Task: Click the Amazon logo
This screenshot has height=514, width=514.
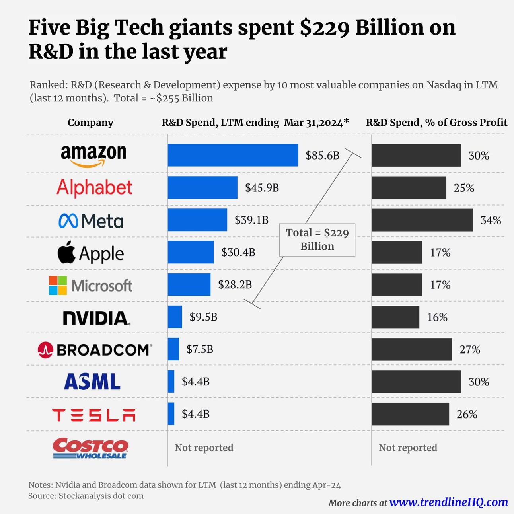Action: (93, 155)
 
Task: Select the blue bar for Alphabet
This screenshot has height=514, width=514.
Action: (202, 187)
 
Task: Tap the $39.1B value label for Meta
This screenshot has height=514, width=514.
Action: (251, 220)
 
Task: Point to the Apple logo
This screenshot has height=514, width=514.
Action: (91, 253)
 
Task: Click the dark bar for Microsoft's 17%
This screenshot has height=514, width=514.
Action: (397, 285)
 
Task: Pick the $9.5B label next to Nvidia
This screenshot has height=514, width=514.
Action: (203, 317)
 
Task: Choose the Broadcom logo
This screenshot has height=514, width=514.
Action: (95, 350)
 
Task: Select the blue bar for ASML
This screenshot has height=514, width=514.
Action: (171, 382)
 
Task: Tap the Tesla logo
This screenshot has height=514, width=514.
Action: (94, 415)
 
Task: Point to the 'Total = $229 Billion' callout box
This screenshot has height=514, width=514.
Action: (317, 239)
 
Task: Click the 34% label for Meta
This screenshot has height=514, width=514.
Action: (491, 220)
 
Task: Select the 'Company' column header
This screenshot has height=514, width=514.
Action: (90, 123)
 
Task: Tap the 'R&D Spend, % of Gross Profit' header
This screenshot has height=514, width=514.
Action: (436, 123)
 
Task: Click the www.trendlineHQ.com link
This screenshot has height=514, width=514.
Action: (448, 502)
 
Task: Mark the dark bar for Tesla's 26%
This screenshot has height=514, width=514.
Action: (410, 414)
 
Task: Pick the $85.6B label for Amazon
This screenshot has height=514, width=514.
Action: (322, 156)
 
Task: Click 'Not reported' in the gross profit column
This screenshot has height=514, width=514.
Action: (408, 448)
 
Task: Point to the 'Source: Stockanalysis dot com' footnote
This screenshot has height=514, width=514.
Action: (86, 496)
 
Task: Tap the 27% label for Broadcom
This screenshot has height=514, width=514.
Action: (470, 350)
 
